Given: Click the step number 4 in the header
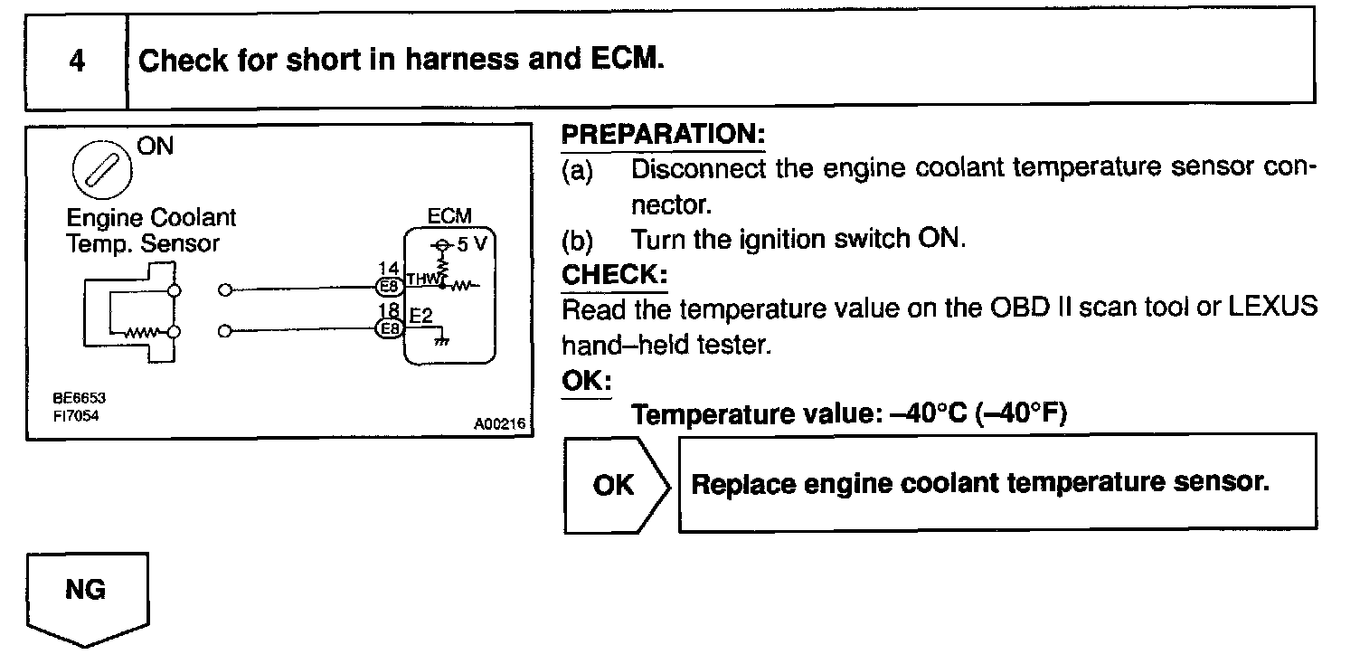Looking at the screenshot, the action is (x=77, y=62).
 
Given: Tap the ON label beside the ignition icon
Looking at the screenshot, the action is (x=155, y=147).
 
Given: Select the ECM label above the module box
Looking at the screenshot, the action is (x=450, y=217).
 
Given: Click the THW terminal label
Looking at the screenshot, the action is (x=422, y=280).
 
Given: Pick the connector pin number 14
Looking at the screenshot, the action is (x=389, y=268).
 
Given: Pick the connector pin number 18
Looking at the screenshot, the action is (x=389, y=311).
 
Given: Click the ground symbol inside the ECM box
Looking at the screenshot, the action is (x=442, y=341).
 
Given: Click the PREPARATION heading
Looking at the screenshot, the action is (x=664, y=135).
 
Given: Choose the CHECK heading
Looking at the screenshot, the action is (x=614, y=274).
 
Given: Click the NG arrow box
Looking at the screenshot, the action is (x=86, y=597).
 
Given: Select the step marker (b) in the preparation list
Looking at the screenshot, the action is (x=578, y=241).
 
